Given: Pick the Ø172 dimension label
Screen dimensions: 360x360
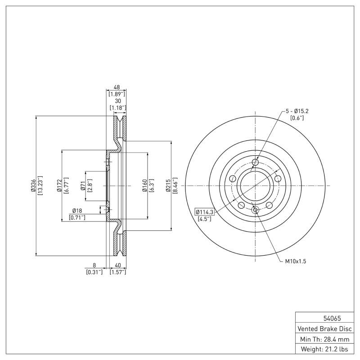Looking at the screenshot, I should pyautogui.click(x=59, y=185).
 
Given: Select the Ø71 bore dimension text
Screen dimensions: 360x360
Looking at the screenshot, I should pyautogui.click(x=83, y=185).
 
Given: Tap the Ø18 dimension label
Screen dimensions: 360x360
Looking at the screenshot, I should pyautogui.click(x=77, y=211).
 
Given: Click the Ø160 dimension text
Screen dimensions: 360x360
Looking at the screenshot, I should pyautogui.click(x=144, y=185).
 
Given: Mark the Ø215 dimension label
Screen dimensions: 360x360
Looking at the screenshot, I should pyautogui.click(x=168, y=185).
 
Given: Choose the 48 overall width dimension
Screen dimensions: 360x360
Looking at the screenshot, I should pyautogui.click(x=117, y=88).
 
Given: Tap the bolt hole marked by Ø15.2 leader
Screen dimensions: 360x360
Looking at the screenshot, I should pyautogui.click(x=255, y=162).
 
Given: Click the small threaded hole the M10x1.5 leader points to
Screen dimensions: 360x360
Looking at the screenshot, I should pyautogui.click(x=255, y=209).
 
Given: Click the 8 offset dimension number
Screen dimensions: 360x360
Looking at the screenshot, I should pyautogui.click(x=94, y=265).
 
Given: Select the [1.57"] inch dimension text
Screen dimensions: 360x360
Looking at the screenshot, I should pyautogui.click(x=117, y=272).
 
